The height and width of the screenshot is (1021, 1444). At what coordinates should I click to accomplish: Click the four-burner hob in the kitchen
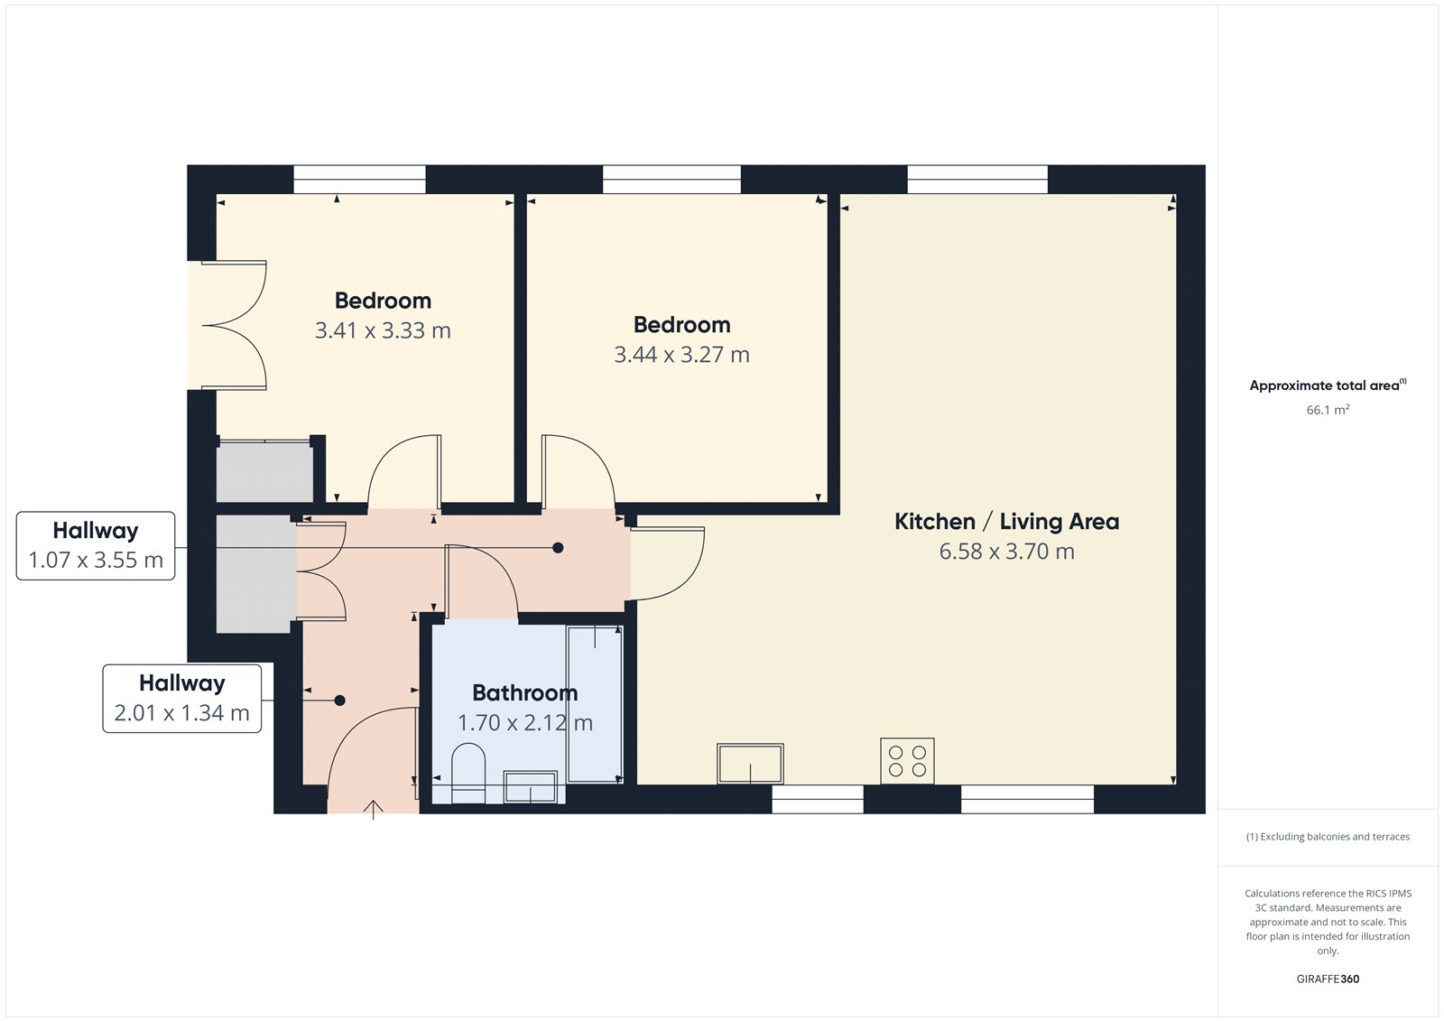pyautogui.click(x=907, y=761)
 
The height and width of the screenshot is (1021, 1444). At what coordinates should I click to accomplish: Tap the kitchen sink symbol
pyautogui.click(x=750, y=764)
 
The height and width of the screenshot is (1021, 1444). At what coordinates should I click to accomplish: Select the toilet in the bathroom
pyautogui.click(x=467, y=773)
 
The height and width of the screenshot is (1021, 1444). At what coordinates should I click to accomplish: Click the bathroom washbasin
pyautogui.click(x=530, y=787)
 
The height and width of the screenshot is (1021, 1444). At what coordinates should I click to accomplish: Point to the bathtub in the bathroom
pyautogui.click(x=594, y=703)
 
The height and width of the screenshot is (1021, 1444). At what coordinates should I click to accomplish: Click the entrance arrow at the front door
pyautogui.click(x=374, y=808)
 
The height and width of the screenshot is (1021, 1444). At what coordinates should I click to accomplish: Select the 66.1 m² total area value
pyautogui.click(x=1328, y=410)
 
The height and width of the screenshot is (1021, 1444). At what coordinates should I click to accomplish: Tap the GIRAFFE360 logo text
pyautogui.click(x=1328, y=979)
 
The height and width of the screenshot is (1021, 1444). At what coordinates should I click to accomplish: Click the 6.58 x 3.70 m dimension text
pyautogui.click(x=1006, y=552)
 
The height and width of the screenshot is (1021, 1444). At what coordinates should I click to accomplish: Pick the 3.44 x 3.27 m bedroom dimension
pyautogui.click(x=681, y=355)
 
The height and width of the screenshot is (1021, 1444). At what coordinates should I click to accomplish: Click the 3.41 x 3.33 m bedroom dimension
pyautogui.click(x=383, y=330)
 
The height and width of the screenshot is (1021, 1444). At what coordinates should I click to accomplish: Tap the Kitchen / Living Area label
pyautogui.click(x=1006, y=522)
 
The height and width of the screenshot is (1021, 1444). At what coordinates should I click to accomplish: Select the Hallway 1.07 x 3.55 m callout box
pyautogui.click(x=96, y=545)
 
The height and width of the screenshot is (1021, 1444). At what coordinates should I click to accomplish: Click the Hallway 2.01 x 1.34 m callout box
pyautogui.click(x=181, y=698)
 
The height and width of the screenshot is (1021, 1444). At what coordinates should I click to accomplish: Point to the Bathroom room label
pyautogui.click(x=524, y=692)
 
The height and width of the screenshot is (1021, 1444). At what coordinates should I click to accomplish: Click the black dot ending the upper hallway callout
pyautogui.click(x=558, y=548)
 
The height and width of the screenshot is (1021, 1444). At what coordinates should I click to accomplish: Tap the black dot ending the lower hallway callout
pyautogui.click(x=339, y=701)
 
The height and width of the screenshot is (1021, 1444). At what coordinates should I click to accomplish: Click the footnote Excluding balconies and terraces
pyautogui.click(x=1328, y=837)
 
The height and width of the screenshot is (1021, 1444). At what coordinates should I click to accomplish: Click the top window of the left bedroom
pyautogui.click(x=359, y=179)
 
